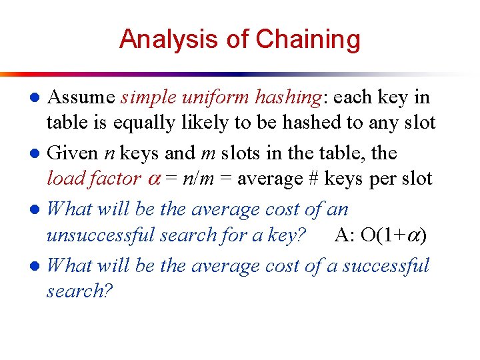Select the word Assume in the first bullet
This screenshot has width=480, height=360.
81,97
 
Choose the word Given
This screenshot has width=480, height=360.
73,153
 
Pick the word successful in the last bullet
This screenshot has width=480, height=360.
386,265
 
